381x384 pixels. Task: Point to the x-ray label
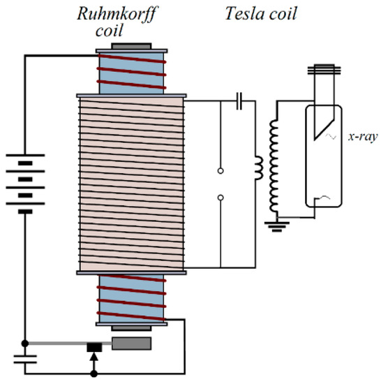[363, 138]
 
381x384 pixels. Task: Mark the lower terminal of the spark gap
[221, 198]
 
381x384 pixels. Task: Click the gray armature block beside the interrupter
[131, 344]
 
